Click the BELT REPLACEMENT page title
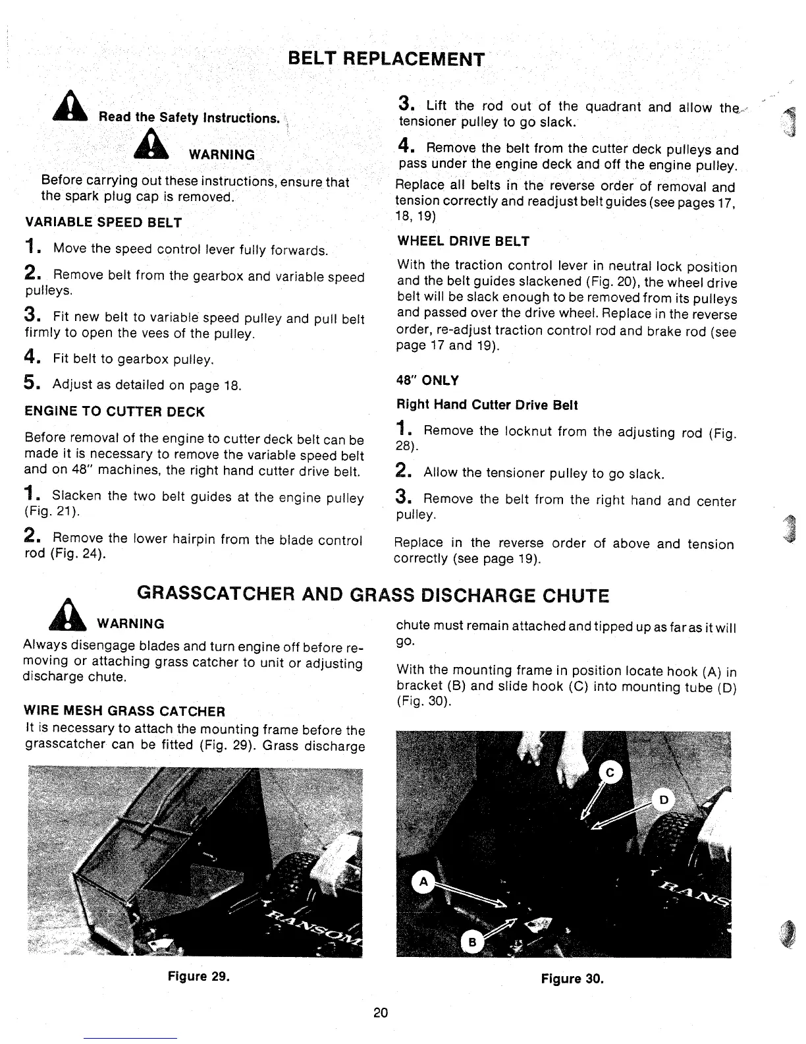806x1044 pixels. pyautogui.click(x=387, y=59)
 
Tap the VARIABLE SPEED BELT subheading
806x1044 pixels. pyautogui.click(x=103, y=223)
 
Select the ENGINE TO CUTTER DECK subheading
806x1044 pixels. pyautogui.click(x=115, y=412)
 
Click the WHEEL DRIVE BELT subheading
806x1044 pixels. pyautogui.click(x=463, y=241)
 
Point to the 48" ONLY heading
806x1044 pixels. pyautogui.click(x=427, y=380)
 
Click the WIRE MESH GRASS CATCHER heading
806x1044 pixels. pyautogui.click(x=124, y=711)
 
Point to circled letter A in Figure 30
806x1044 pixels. pyautogui.click(x=423, y=882)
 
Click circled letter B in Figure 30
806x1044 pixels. pyautogui.click(x=471, y=941)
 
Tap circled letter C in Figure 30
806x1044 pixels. pyautogui.click(x=609, y=774)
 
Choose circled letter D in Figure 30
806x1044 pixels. pyautogui.click(x=664, y=800)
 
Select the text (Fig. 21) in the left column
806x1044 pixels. pyautogui.click(x=52, y=512)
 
